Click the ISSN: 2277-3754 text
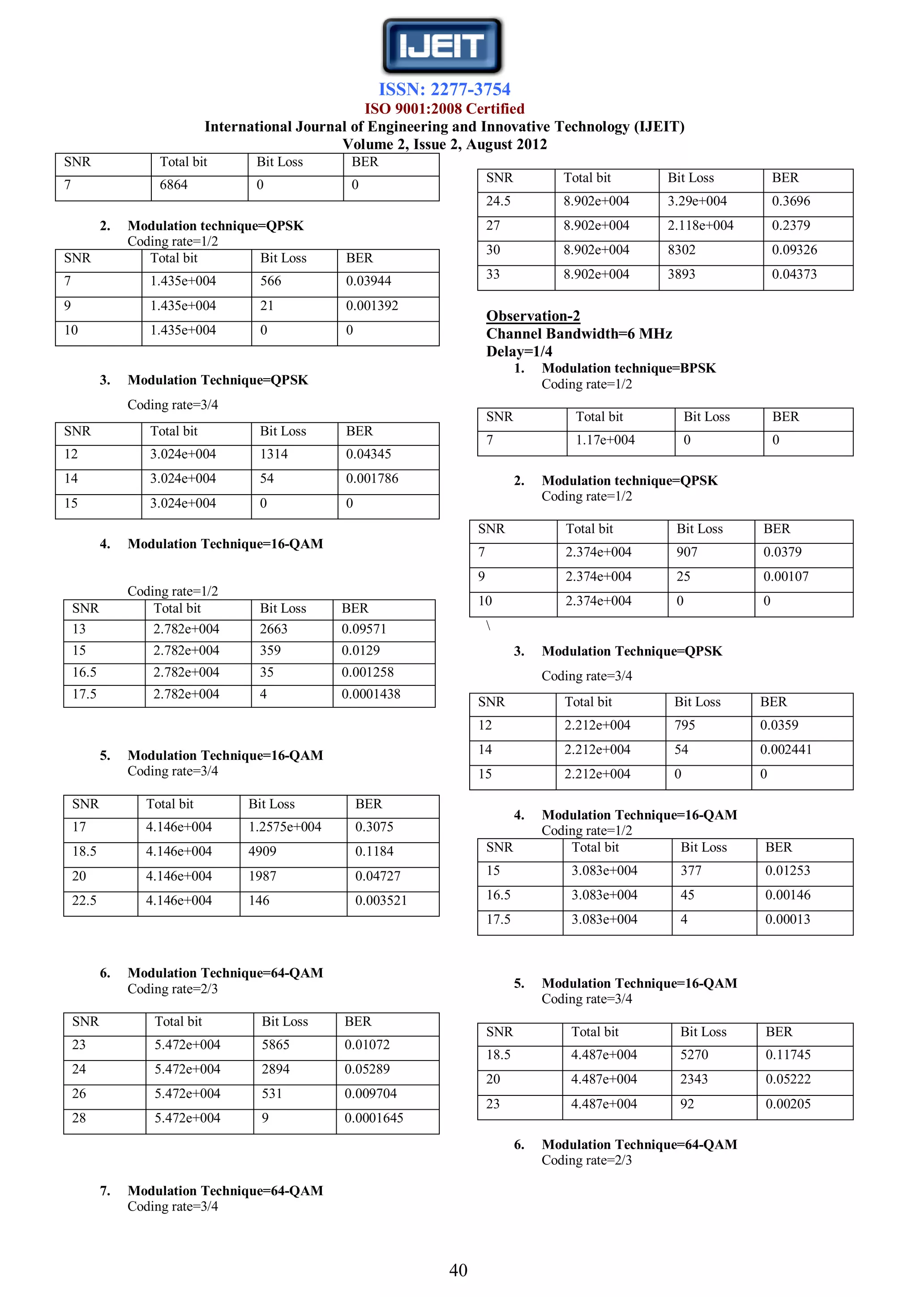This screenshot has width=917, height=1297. point(444,89)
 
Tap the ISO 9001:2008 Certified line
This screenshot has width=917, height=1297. point(444,108)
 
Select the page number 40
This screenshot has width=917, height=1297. point(458,1270)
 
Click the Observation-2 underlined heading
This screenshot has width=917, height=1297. point(532,316)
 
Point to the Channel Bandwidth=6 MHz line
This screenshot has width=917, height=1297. point(579,334)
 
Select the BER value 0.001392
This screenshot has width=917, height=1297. point(372,306)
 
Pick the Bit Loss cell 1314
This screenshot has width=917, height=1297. point(274,454)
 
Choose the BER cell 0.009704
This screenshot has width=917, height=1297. point(370,1094)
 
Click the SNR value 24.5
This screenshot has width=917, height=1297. point(498,201)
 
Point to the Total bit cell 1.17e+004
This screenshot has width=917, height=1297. point(605,440)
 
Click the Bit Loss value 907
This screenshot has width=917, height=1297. point(686,552)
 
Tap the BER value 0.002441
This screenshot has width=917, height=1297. point(785,750)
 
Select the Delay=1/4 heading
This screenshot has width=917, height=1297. point(519,351)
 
